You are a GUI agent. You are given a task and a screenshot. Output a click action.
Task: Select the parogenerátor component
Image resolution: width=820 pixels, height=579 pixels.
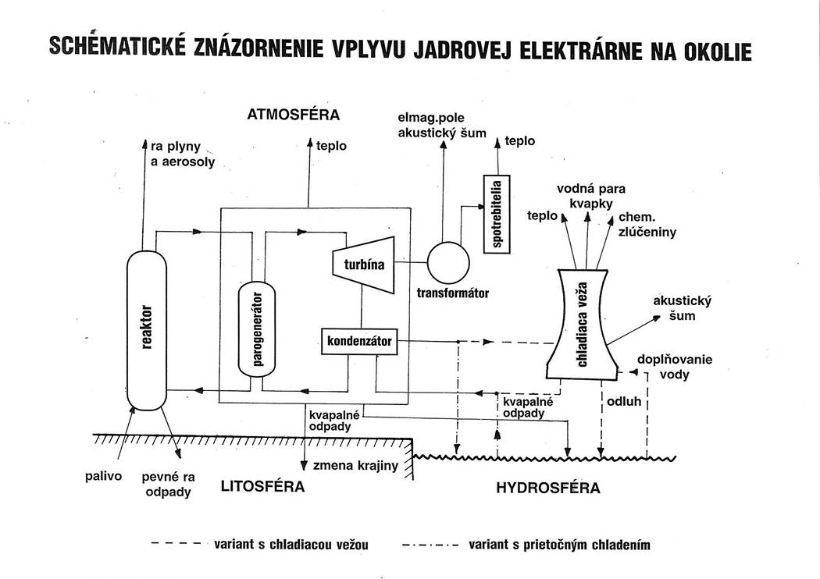click(x=258, y=328)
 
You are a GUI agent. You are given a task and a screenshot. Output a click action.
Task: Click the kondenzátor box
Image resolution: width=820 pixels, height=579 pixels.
click(x=359, y=341)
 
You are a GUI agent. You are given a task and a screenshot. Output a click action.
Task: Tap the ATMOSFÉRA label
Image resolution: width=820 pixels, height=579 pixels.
click(x=293, y=115)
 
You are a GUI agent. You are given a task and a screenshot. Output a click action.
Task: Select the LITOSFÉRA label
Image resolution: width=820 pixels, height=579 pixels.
click(x=262, y=487)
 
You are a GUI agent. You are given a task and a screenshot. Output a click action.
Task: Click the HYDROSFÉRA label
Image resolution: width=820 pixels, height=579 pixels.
click(x=548, y=488)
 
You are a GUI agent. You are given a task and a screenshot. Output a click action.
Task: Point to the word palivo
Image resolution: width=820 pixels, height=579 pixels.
click(x=103, y=476)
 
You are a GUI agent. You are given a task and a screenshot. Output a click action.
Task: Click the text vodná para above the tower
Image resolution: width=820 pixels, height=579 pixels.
click(x=590, y=189)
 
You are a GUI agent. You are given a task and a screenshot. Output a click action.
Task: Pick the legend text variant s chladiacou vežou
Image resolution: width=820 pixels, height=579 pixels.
click(x=291, y=545)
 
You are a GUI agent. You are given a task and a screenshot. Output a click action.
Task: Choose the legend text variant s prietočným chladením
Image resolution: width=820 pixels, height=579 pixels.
click(x=558, y=545)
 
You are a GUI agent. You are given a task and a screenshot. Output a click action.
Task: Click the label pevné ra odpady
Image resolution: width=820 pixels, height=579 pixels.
click(x=169, y=484)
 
